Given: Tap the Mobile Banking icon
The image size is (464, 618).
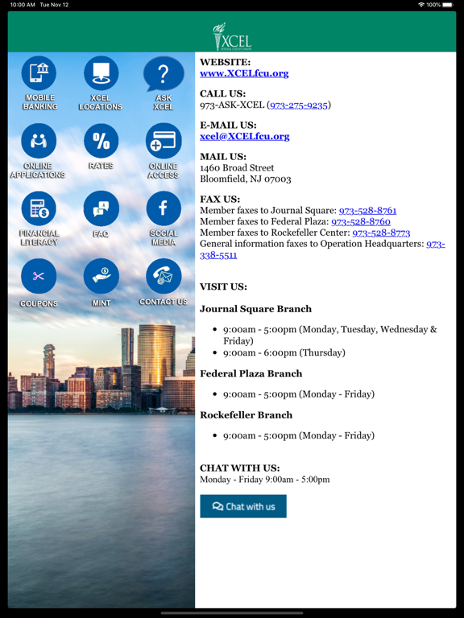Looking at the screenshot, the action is pyautogui.click(x=39, y=74).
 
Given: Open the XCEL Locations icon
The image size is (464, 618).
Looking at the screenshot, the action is pyautogui.click(x=101, y=74).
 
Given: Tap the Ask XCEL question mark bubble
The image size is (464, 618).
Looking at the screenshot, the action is pyautogui.click(x=163, y=74).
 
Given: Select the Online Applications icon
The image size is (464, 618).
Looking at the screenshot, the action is pyautogui.click(x=39, y=142).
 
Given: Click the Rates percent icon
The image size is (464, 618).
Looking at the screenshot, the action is pyautogui.click(x=101, y=142).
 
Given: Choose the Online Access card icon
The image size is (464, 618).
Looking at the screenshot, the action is pyautogui.click(x=163, y=142).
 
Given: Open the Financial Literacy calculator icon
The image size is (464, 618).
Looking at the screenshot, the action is pyautogui.click(x=39, y=209).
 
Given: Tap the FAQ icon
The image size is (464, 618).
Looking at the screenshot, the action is pyautogui.click(x=101, y=209).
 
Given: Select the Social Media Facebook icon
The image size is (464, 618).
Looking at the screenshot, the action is pyautogui.click(x=163, y=209).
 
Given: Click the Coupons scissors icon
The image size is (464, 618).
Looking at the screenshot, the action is pyautogui.click(x=39, y=277).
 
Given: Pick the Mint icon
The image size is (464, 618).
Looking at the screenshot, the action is pyautogui.click(x=101, y=277).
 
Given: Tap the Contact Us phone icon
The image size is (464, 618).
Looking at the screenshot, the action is pyautogui.click(x=163, y=277).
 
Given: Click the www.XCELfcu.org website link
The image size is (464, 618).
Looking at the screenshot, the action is pyautogui.click(x=244, y=73).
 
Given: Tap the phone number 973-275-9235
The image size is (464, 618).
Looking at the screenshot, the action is pyautogui.click(x=299, y=105).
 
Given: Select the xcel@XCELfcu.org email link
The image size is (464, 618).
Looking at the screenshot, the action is pyautogui.click(x=245, y=136).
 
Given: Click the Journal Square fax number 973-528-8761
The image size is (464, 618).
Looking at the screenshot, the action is pyautogui.click(x=367, y=210).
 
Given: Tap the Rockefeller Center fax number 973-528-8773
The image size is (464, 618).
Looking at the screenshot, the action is pyautogui.click(x=381, y=233).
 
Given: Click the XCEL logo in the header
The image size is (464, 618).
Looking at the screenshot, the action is pyautogui.click(x=232, y=37).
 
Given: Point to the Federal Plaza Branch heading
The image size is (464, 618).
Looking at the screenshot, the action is pyautogui.click(x=251, y=373).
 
